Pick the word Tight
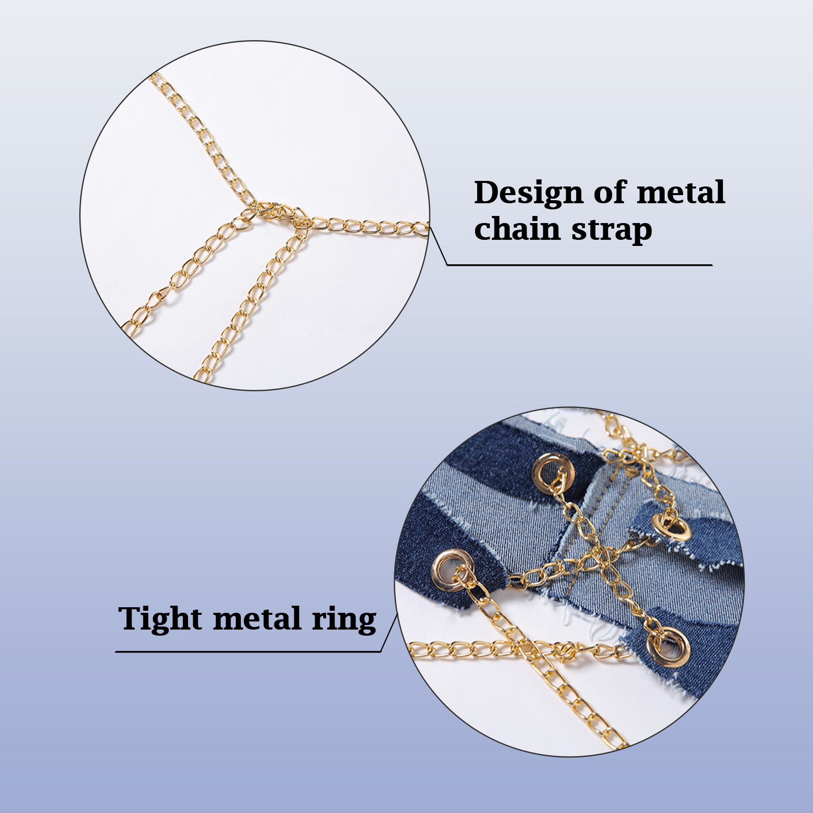click(x=161, y=619)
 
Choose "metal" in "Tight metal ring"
click(x=257, y=619)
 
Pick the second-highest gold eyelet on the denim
click(x=672, y=528)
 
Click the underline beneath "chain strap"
click(x=579, y=265)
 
